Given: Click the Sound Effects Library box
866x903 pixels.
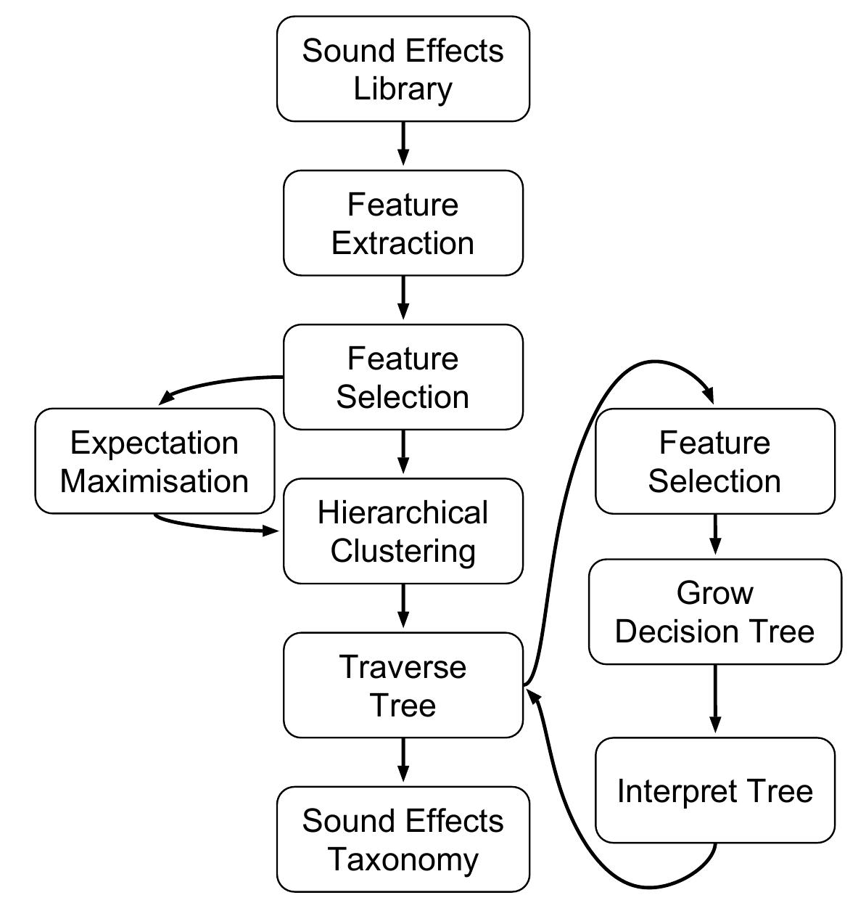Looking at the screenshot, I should coord(403,69).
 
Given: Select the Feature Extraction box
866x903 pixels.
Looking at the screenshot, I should coord(403,223).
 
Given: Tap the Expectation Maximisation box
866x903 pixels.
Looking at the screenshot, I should coord(154,461).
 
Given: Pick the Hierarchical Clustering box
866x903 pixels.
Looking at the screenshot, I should coord(403,531).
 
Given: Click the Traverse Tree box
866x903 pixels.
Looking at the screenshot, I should coord(403,685).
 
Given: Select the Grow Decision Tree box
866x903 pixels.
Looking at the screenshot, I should coord(714,611).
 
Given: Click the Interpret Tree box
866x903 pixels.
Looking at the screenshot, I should coord(714,790).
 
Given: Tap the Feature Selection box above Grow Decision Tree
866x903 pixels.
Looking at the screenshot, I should coord(714,461).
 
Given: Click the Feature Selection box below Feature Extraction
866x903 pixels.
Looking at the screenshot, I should coord(403,377).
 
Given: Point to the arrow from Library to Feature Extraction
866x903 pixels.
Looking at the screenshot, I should coord(403,144).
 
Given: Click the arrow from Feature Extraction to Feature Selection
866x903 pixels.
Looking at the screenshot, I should coord(403,298).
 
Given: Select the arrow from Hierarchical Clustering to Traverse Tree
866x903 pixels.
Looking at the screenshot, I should coord(403,605).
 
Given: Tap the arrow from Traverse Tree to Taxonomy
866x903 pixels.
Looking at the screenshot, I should coord(403,760).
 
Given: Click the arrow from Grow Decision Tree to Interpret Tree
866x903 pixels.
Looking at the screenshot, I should coord(715,698).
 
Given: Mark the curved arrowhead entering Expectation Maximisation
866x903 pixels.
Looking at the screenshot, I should coord(168,396).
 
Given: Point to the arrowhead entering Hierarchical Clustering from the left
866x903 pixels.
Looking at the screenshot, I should coord(272,531).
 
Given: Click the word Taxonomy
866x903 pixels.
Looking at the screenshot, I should coord(403,859).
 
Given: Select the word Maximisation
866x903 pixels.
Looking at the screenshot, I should coord(154,481).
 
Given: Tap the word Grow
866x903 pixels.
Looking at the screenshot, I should coord(714,593).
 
